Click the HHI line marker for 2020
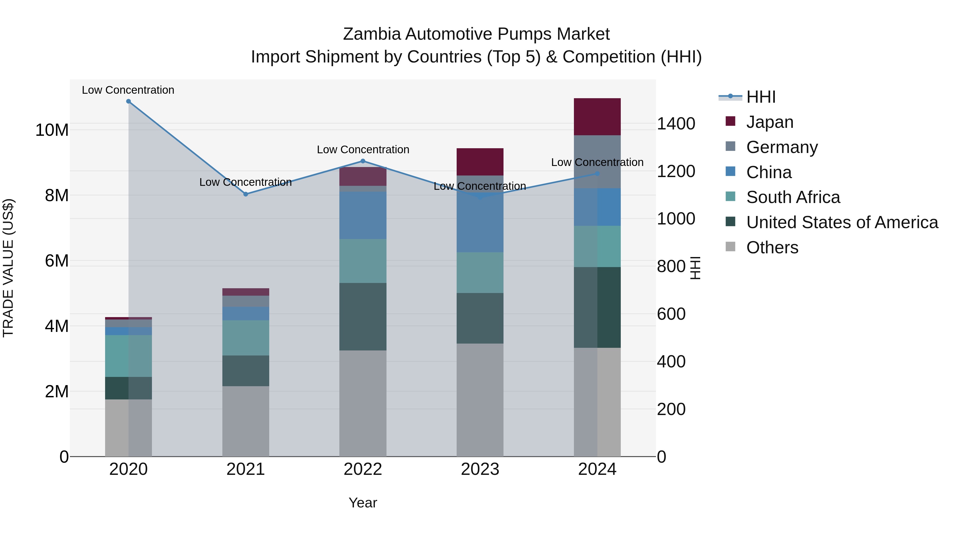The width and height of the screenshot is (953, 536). [x=128, y=101]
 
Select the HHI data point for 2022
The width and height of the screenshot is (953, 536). [x=363, y=161]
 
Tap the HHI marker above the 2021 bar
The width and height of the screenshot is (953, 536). [x=246, y=194]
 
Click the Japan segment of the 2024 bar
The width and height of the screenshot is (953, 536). [x=597, y=117]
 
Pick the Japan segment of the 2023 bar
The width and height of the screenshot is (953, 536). [x=480, y=162]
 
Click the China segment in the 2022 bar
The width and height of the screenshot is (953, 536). [x=363, y=215]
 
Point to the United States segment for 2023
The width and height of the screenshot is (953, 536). [x=480, y=318]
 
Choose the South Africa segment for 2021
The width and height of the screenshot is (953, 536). [x=246, y=338]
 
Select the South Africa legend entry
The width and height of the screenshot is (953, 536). [x=793, y=197]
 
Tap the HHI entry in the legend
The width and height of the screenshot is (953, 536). [x=761, y=97]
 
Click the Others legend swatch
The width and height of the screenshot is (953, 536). [x=731, y=247]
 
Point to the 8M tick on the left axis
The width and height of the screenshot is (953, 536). [x=57, y=195]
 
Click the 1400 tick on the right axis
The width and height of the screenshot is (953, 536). [x=676, y=124]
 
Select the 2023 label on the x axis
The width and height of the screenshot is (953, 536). [x=480, y=469]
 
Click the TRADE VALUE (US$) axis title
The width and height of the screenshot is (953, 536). [x=8, y=268]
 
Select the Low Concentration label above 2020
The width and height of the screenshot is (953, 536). [x=128, y=90]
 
